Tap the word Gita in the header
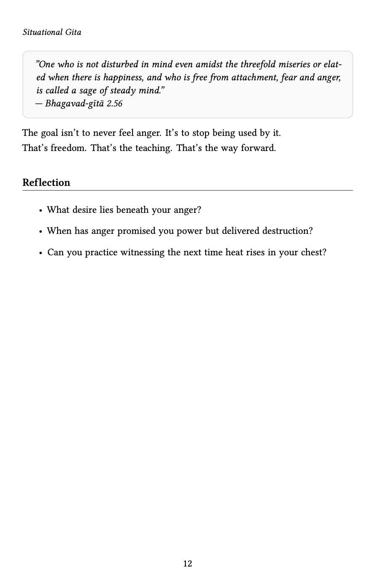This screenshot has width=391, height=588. point(73,32)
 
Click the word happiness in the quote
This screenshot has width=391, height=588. point(122,77)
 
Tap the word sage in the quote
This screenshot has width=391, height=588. point(88,90)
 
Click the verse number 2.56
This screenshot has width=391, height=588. point(114,103)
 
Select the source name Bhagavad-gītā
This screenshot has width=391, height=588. point(74,103)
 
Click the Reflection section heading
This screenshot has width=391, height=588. point(46,183)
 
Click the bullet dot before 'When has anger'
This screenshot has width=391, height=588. point(40,232)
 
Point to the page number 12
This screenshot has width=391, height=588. point(188,564)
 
